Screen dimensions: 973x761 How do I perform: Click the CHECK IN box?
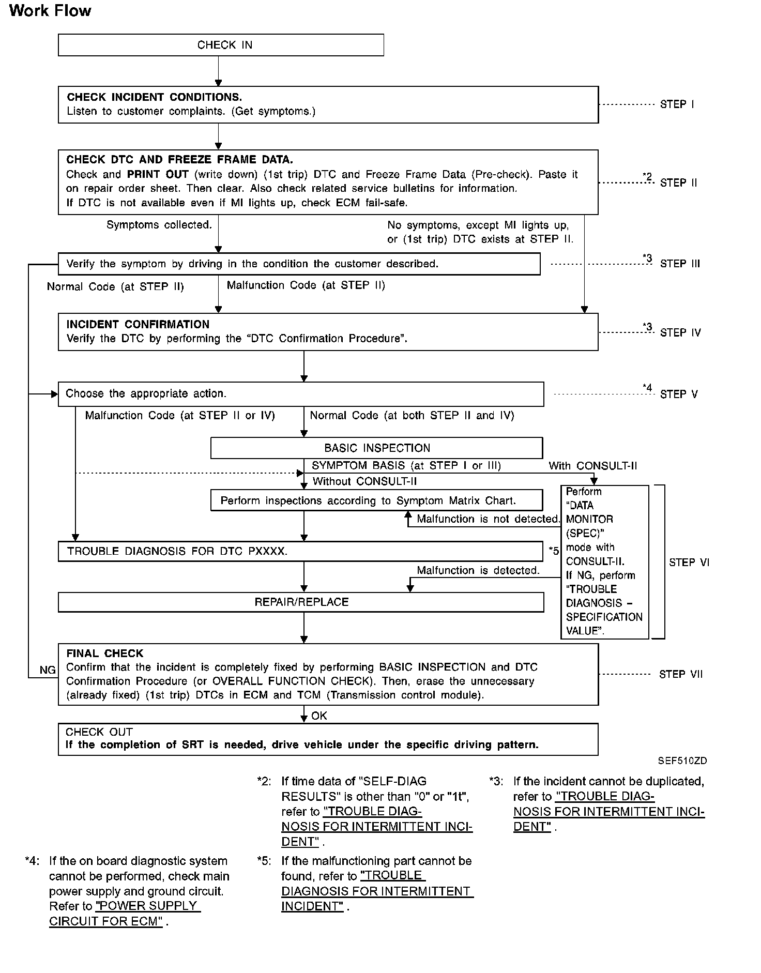coord(221,45)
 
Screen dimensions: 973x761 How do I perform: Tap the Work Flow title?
coord(50,11)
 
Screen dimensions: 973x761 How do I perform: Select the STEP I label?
coord(677,104)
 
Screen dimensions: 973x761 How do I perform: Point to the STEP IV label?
coord(680,332)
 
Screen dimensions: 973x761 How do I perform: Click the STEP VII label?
coord(681,674)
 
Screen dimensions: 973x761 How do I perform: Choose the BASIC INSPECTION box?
coord(376,448)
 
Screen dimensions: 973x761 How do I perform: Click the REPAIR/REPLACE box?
coord(301,602)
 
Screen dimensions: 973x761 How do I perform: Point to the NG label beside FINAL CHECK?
coord(48,670)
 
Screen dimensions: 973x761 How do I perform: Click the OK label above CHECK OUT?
coord(319,716)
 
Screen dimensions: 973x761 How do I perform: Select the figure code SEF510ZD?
coord(682,761)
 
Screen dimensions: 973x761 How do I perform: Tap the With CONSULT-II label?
coord(592,466)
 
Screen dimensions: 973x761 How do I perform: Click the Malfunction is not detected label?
coord(488,519)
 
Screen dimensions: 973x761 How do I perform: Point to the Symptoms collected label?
coord(159,225)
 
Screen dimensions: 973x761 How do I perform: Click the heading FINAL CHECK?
coord(104,653)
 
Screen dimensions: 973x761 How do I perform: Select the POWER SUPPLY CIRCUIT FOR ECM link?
coord(125,914)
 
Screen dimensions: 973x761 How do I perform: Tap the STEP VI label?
coord(689,562)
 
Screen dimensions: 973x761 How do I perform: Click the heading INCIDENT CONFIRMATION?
coord(138,325)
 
